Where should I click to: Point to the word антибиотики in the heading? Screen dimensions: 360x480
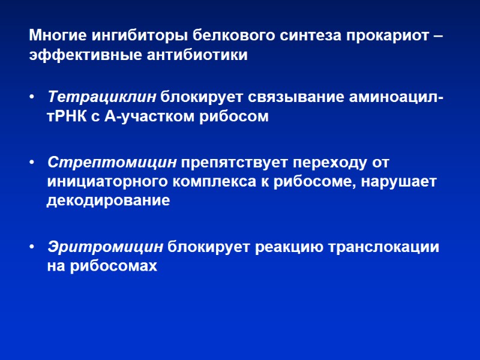point(196,56)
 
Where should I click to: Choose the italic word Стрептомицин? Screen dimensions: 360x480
point(112,163)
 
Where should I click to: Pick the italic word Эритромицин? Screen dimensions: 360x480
point(105,247)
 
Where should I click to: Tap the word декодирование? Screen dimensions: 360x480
point(108,202)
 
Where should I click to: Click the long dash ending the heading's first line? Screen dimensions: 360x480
point(439,35)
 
